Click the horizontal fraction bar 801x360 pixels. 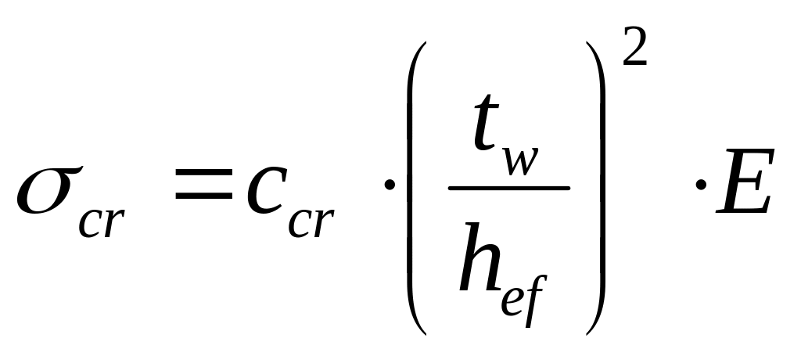tap(508, 188)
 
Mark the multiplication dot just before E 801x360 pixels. tap(702, 190)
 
